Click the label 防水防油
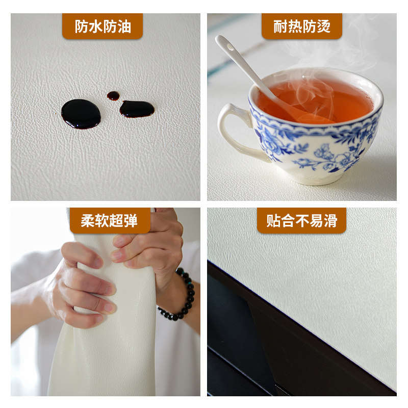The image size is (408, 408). (x=102, y=27)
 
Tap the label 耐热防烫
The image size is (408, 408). (x=301, y=27)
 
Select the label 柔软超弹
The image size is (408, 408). (x=110, y=220)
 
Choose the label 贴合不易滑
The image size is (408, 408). (x=301, y=220)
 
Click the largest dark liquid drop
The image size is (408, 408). (x=81, y=113)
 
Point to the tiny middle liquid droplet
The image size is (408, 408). (x=113, y=95)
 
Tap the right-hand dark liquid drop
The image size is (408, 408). (x=137, y=109)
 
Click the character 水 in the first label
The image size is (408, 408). (x=95, y=27)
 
